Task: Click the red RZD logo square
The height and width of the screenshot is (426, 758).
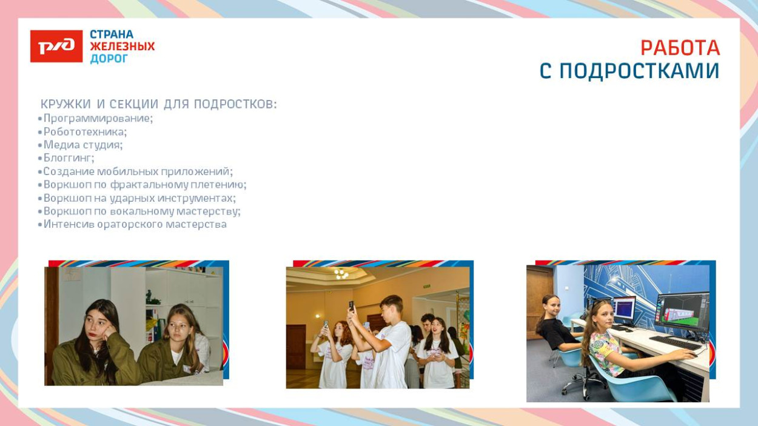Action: [56, 46]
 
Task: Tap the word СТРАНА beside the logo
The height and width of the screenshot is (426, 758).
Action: [112, 35]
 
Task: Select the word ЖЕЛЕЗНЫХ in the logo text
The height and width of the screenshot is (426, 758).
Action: [122, 47]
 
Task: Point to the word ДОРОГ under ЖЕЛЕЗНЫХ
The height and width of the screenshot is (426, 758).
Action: [109, 59]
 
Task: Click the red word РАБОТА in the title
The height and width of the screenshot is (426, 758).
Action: [680, 48]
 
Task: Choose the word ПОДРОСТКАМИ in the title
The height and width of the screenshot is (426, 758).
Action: [639, 72]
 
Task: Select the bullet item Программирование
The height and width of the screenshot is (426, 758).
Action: [98, 118]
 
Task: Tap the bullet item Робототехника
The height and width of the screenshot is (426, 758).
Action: [85, 131]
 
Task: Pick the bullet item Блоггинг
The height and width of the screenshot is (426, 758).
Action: [69, 158]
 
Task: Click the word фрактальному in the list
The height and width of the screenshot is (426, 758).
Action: [149, 185]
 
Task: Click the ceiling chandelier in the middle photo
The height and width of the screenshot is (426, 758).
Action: [341, 274]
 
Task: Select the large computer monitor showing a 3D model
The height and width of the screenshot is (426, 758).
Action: [682, 311]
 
